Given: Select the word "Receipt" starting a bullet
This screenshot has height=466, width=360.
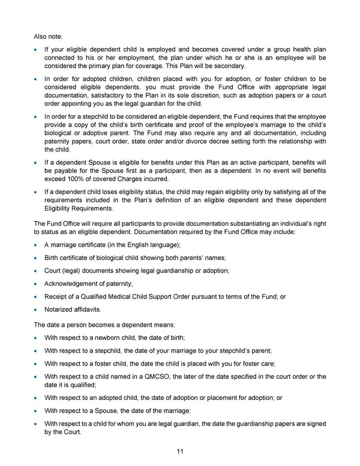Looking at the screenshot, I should [x=56, y=297].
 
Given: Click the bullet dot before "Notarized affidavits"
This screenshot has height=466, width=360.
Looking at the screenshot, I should [x=37, y=310].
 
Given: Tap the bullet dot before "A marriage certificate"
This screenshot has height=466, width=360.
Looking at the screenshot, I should [x=37, y=245].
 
